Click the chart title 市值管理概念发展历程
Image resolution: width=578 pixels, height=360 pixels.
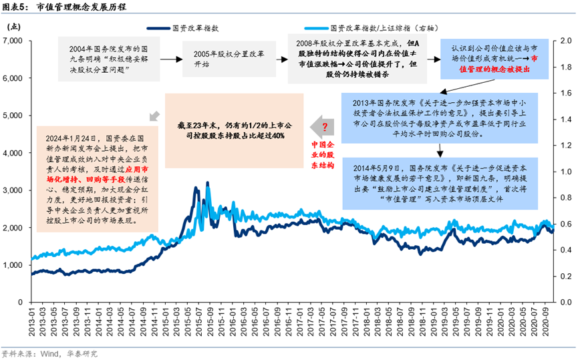[x=79, y=8]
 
